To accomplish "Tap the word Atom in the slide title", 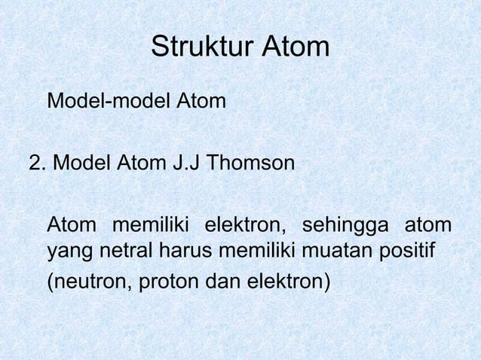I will [x=295, y=47].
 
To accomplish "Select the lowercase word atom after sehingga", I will [x=428, y=225].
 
